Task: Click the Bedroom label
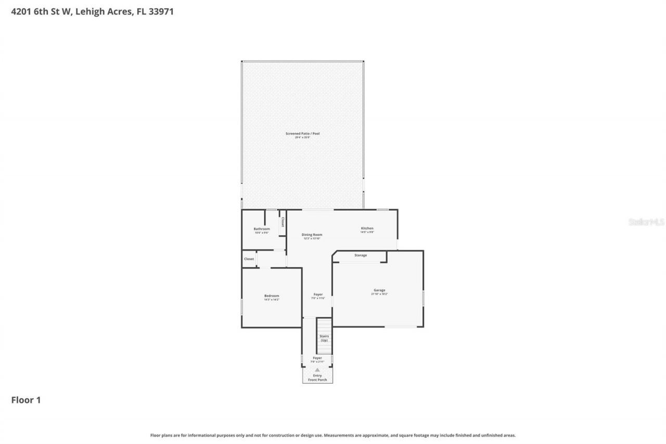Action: click(x=272, y=296)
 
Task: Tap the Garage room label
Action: click(x=379, y=290)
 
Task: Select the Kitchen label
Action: click(x=367, y=229)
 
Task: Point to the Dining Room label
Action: click(x=312, y=235)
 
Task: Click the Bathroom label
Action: click(x=262, y=229)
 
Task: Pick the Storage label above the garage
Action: click(x=361, y=256)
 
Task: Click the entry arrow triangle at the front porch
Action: click(x=317, y=370)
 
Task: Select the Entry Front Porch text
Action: click(x=317, y=378)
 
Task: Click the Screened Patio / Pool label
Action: click(x=302, y=134)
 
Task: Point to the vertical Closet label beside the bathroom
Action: click(x=283, y=222)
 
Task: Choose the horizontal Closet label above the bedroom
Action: click(x=249, y=259)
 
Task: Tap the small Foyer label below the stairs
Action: click(x=317, y=358)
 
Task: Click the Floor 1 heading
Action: click(x=26, y=400)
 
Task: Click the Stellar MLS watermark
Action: click(x=646, y=222)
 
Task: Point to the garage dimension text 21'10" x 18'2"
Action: click(x=379, y=294)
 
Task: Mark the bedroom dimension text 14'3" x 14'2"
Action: click(x=272, y=300)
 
